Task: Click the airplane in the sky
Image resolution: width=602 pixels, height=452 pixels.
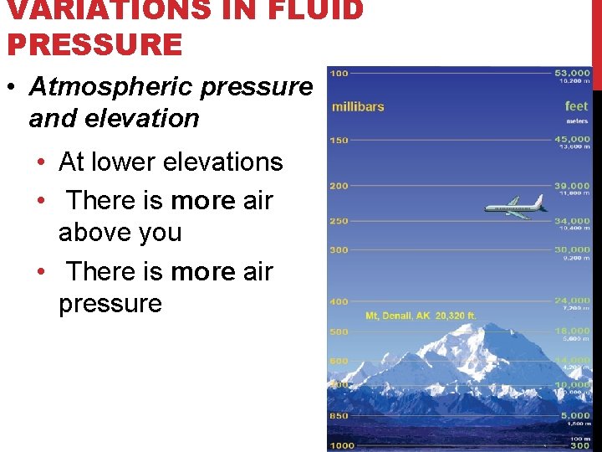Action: click(x=514, y=207)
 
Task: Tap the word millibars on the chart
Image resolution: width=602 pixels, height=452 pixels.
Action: click(x=358, y=106)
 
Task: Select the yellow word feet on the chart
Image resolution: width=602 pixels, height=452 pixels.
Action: click(x=576, y=106)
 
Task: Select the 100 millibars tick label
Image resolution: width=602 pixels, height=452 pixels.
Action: click(x=339, y=74)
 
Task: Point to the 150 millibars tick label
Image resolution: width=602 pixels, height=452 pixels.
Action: click(x=339, y=140)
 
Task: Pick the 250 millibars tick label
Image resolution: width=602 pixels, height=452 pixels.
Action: click(x=339, y=221)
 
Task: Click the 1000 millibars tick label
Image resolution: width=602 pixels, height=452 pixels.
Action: click(x=342, y=445)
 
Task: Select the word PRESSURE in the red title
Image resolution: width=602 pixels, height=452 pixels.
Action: click(x=94, y=44)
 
